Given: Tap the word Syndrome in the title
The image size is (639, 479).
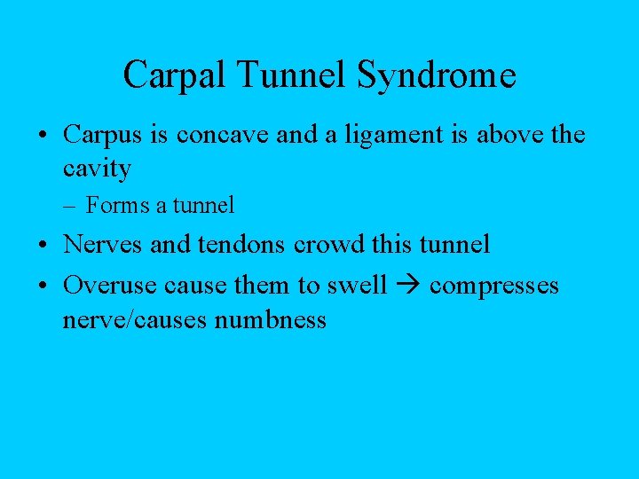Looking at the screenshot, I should point(437,76).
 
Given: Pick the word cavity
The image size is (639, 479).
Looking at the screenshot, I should point(97,168).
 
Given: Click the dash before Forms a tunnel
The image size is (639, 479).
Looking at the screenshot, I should point(72,206).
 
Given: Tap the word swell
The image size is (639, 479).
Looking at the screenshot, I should point(359,286).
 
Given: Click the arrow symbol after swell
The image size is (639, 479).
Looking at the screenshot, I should point(407,286).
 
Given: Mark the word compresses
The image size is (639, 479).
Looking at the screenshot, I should point(493,286).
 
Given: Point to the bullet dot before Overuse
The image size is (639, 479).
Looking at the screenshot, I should point(43,287).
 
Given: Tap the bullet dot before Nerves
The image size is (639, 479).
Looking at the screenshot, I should point(43,245).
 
